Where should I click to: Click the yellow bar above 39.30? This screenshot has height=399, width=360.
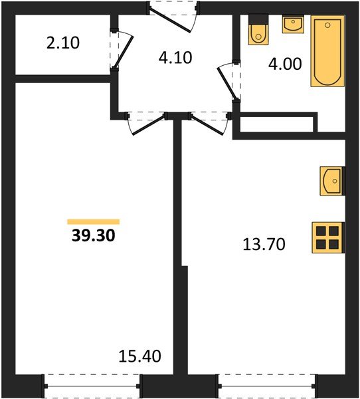pyautogui.click(x=93, y=221)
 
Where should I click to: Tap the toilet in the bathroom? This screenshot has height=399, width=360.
pyautogui.click(x=256, y=32)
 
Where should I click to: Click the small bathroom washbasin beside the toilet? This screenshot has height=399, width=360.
pyautogui.click(x=292, y=25)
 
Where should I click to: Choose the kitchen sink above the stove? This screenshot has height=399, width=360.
pyautogui.click(x=331, y=180)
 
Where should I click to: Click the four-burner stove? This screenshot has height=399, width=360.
pyautogui.click(x=328, y=237)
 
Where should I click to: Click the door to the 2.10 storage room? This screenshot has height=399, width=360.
pyautogui.click(x=120, y=51)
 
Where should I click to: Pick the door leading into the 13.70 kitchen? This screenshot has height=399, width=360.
pyautogui.click(x=207, y=123)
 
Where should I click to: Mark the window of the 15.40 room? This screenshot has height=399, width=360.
pyautogui.click(x=93, y=384)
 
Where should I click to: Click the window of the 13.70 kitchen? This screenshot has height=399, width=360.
pyautogui.click(x=266, y=384)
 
